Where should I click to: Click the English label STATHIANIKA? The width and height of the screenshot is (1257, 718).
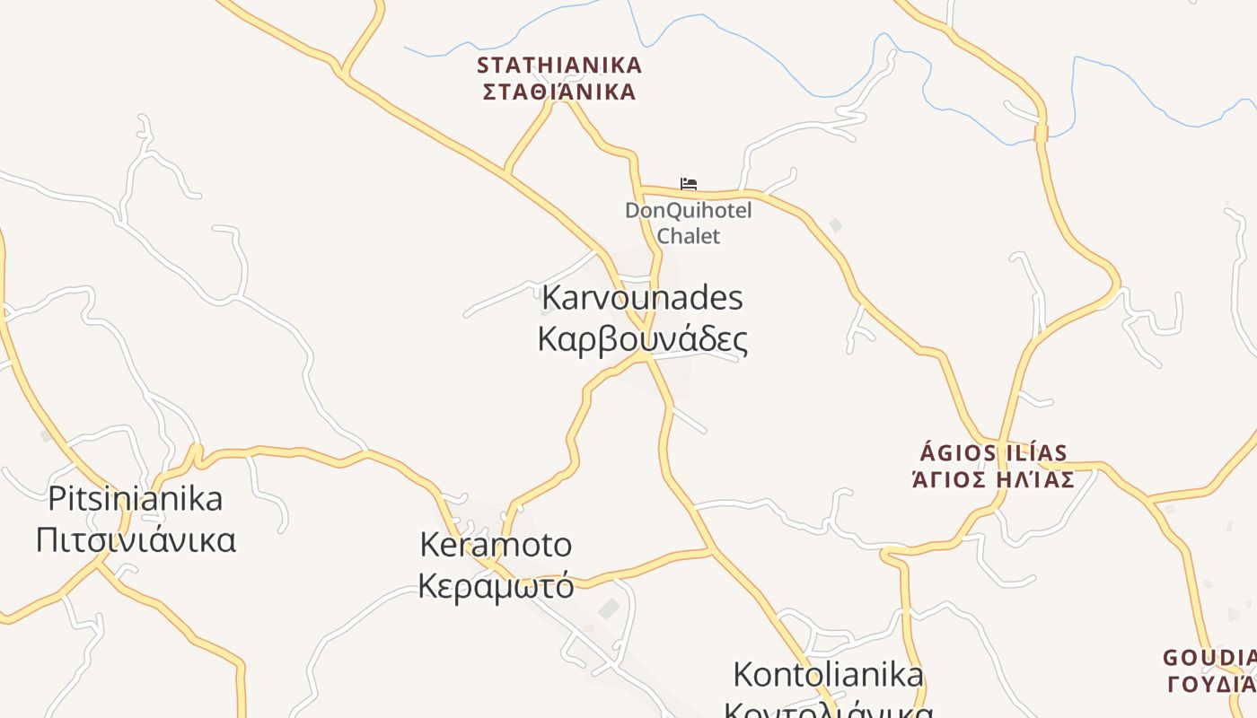[x=559, y=66]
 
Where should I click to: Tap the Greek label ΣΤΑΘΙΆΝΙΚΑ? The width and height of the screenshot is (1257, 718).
[x=559, y=92]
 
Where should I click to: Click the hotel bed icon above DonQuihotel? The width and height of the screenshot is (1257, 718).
[x=689, y=184]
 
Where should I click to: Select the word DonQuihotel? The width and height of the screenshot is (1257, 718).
[x=689, y=211]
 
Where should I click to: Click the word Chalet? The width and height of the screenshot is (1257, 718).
[x=689, y=236]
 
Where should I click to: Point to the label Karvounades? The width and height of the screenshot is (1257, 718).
[x=642, y=297]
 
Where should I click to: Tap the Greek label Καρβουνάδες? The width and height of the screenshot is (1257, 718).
[x=642, y=339]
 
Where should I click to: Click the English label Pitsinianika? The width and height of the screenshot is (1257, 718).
[x=135, y=498]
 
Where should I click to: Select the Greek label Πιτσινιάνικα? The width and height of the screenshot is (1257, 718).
[x=136, y=540]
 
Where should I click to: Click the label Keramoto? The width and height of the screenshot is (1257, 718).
[x=496, y=544]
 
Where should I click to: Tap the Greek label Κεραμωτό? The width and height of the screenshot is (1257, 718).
[x=496, y=585]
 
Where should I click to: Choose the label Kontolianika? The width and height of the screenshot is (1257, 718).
[x=828, y=674]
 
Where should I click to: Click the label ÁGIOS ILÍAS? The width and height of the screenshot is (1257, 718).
[x=994, y=452]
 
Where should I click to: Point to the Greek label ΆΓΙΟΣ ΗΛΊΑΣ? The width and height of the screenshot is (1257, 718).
[x=993, y=479]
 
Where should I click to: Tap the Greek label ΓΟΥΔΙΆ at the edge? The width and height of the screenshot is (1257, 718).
[x=1211, y=684]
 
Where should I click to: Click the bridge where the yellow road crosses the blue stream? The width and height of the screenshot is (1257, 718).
[x=1042, y=134]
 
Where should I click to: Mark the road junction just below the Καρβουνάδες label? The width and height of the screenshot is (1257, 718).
[x=644, y=357]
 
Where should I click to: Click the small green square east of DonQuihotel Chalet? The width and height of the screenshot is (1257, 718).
[x=836, y=225]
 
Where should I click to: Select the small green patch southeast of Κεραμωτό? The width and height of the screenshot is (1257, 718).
[x=610, y=609]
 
